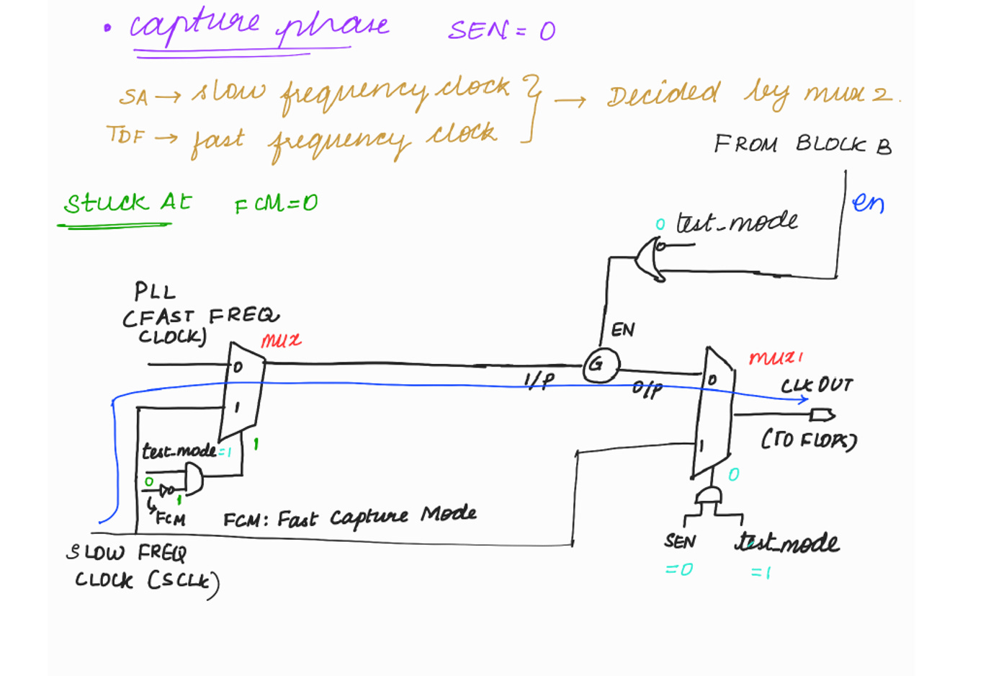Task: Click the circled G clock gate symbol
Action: [x=600, y=365]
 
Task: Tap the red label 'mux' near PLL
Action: [x=281, y=340]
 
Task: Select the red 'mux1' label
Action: [x=776, y=357]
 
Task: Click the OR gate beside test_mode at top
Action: [x=650, y=260]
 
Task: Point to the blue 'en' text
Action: [x=868, y=203]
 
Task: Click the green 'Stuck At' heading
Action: [x=127, y=203]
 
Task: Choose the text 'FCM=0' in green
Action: [x=276, y=204]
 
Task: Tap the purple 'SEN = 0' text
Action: [x=501, y=30]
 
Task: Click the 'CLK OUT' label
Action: [x=817, y=386]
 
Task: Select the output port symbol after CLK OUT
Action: [x=822, y=415]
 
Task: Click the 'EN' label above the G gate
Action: [x=623, y=330]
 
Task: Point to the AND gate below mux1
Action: [x=709, y=497]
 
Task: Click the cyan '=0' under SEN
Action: [x=678, y=569]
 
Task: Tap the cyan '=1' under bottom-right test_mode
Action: [x=761, y=572]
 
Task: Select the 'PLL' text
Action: [x=155, y=292]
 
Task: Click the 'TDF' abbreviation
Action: [x=125, y=135]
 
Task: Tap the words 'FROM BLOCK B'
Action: [x=802, y=145]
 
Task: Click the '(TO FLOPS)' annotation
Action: [x=809, y=440]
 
